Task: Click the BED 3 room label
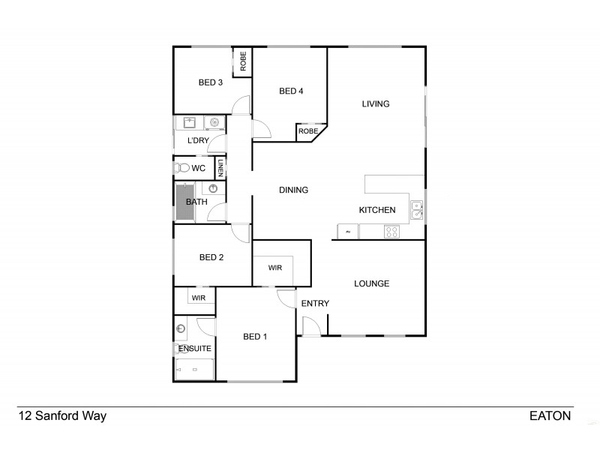click(x=211, y=82)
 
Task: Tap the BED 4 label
click(x=291, y=91)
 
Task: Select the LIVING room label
click(x=376, y=104)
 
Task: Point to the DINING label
click(x=293, y=190)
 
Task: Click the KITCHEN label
click(x=377, y=210)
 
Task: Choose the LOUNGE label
click(x=371, y=283)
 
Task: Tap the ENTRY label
click(x=315, y=303)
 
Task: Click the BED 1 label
click(x=255, y=337)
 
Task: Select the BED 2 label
click(x=211, y=257)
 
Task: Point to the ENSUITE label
click(x=195, y=349)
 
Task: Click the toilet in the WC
click(x=181, y=168)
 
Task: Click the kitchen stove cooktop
click(x=391, y=232)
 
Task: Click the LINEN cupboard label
click(x=221, y=168)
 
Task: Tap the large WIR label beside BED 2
click(x=274, y=268)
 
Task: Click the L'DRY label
click(x=198, y=141)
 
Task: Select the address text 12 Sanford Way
click(x=62, y=415)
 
